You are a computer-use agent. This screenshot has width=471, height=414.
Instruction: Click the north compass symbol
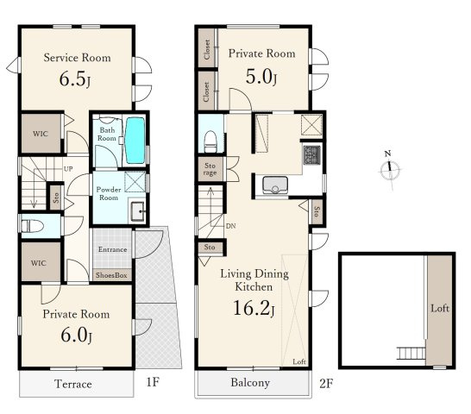point(390,171)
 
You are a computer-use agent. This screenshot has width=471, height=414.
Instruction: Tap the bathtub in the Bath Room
point(135,141)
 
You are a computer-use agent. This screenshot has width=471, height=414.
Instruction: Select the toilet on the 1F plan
point(32,226)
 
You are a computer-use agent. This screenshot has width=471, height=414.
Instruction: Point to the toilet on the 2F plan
point(210,141)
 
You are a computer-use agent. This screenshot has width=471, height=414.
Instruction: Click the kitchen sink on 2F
point(275,185)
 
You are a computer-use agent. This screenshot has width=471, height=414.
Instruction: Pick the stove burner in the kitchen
point(311,154)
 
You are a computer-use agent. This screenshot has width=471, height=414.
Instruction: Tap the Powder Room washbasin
point(138,211)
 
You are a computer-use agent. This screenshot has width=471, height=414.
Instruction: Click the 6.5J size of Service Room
point(75,79)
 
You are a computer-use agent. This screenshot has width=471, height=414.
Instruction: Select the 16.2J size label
point(254,308)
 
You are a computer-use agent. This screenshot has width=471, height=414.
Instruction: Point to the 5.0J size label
point(261,77)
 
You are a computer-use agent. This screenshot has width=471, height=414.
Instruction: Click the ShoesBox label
point(111,275)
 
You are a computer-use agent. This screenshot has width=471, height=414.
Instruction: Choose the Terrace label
point(73,384)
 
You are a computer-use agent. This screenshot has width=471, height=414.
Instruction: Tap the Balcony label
point(250,382)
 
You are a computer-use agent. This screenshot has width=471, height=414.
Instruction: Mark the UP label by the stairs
point(68,169)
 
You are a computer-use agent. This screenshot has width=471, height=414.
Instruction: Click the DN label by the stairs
point(230,226)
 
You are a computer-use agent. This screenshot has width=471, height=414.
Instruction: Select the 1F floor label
point(153,382)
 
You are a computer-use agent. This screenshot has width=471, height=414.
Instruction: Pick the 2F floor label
point(326,383)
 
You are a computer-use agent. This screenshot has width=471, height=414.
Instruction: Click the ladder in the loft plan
point(411,353)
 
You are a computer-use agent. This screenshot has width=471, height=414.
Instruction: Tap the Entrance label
point(113,249)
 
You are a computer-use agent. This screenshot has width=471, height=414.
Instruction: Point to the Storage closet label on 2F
point(210,169)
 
